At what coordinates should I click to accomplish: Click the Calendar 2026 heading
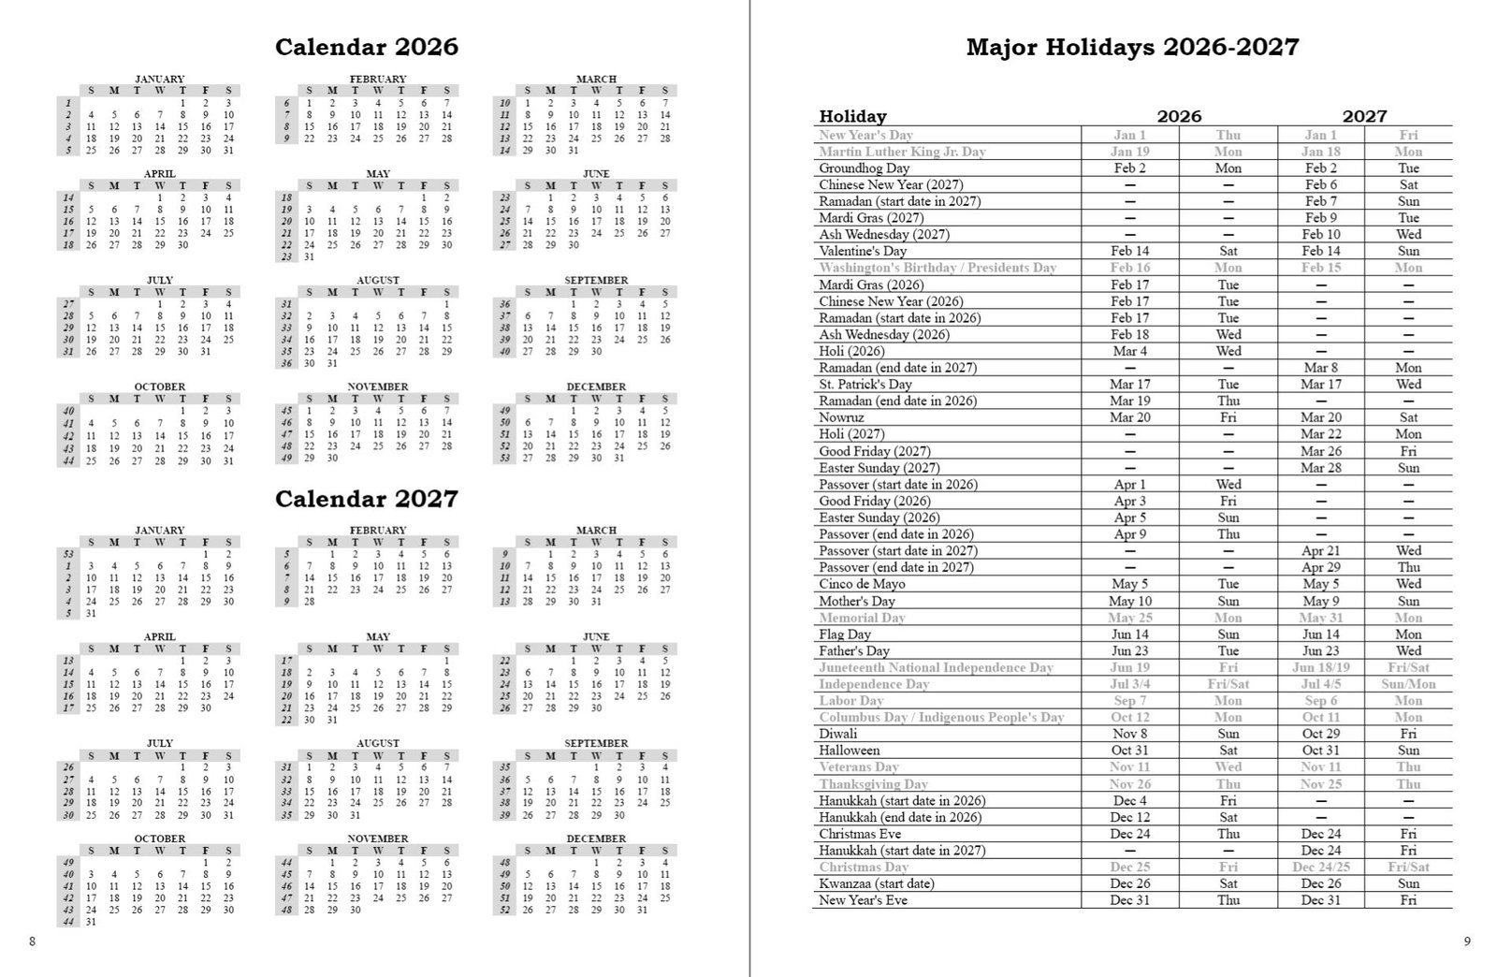(366, 47)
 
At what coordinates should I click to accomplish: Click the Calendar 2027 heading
(366, 499)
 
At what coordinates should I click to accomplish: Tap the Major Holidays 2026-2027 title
(1132, 47)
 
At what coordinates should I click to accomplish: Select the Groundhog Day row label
(864, 168)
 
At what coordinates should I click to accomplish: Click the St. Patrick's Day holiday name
(865, 385)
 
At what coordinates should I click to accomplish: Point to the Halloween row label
(849, 751)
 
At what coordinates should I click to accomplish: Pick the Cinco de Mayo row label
(862, 584)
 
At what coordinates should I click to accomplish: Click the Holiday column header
(852, 116)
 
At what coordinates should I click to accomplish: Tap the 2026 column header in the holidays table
(1178, 116)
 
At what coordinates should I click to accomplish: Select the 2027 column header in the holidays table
(1364, 116)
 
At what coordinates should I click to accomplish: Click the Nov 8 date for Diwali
(1129, 734)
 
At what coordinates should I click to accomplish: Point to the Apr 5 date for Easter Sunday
(1129, 518)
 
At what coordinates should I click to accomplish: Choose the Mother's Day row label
(856, 601)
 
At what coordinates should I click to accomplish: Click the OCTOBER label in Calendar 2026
(159, 386)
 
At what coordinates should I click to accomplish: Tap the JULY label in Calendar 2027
(159, 743)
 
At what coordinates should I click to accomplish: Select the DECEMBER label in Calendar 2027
(596, 838)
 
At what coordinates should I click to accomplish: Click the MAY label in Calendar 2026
(378, 173)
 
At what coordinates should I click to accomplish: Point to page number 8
(32, 941)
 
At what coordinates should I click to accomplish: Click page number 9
(1466, 941)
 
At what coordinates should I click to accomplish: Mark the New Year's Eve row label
(863, 900)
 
